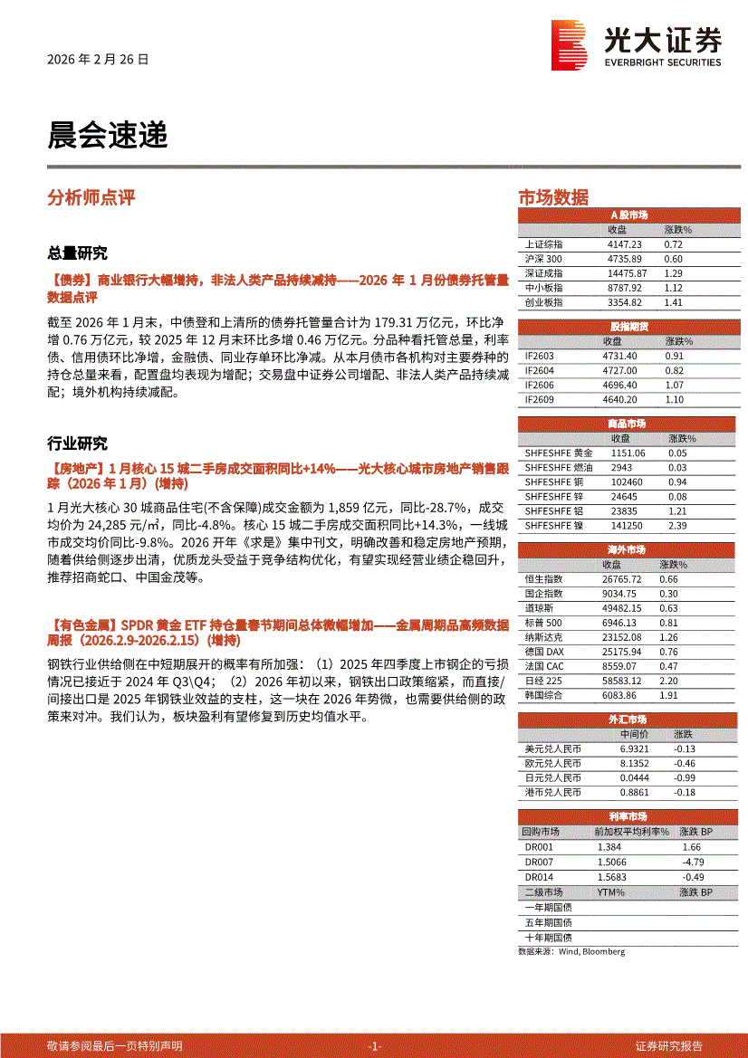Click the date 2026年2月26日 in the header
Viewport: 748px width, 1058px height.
98,60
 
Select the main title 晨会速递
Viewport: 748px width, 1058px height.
108,136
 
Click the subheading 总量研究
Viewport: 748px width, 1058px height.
77,253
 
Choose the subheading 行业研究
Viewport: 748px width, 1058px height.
77,443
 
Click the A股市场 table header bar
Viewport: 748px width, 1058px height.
628,215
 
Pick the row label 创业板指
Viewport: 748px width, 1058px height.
543,302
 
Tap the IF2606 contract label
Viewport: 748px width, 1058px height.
539,385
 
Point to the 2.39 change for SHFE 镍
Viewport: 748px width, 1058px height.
676,525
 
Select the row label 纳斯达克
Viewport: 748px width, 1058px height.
543,637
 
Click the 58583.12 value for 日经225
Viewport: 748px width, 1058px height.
627,681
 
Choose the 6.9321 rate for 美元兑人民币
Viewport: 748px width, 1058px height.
635,749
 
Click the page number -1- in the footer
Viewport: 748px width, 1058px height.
374,1046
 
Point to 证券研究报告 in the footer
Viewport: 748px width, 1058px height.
668,1046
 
